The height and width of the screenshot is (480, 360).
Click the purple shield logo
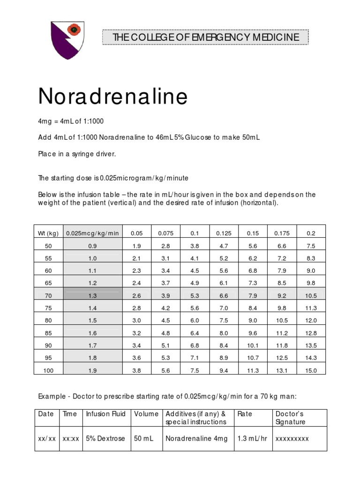click(x=67, y=40)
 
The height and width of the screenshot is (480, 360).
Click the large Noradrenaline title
click(x=113, y=97)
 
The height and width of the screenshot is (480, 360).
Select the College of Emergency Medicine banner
click(x=205, y=37)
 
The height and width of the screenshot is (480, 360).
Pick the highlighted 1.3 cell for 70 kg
click(x=92, y=295)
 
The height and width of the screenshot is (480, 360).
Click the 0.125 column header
click(x=223, y=233)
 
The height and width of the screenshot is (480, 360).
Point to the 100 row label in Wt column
click(x=48, y=370)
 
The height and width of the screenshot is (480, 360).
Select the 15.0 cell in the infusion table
click(x=311, y=370)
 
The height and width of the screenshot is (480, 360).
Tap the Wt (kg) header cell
click(x=48, y=233)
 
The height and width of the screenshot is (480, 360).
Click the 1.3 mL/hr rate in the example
click(x=251, y=439)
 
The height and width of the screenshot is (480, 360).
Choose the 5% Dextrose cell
click(x=105, y=439)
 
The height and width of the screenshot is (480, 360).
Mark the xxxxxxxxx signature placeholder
click(x=292, y=439)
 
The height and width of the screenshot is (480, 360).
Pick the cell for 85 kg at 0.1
click(x=195, y=333)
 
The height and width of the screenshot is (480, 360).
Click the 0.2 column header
click(x=311, y=233)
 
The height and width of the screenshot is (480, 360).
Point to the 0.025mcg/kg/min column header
click(x=92, y=233)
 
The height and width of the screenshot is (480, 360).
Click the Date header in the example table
click(x=45, y=414)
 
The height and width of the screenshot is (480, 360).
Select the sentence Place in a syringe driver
click(x=76, y=154)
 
